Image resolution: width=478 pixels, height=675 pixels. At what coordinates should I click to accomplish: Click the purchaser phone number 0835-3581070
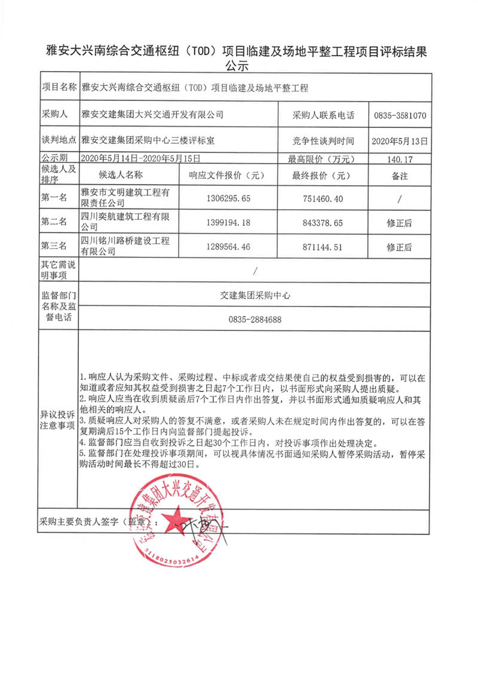pos(399,115)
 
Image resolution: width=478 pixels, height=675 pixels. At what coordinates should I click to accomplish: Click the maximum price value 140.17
pos(399,159)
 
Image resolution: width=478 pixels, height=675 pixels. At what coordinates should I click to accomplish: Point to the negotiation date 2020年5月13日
pos(399,142)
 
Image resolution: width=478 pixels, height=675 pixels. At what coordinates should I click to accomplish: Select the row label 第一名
pos(54,198)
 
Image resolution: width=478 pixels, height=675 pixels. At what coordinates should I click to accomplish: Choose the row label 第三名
pos(54,246)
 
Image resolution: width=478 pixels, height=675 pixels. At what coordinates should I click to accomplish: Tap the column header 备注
pos(399,176)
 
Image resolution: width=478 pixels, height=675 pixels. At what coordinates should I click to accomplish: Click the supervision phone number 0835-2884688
pos(255,320)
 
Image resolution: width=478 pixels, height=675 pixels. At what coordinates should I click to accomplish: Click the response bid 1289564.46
pos(228,246)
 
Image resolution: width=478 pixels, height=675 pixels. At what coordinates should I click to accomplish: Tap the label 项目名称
pos(58,88)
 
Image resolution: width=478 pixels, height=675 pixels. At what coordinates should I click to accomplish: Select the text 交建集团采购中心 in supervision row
pos(255,295)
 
